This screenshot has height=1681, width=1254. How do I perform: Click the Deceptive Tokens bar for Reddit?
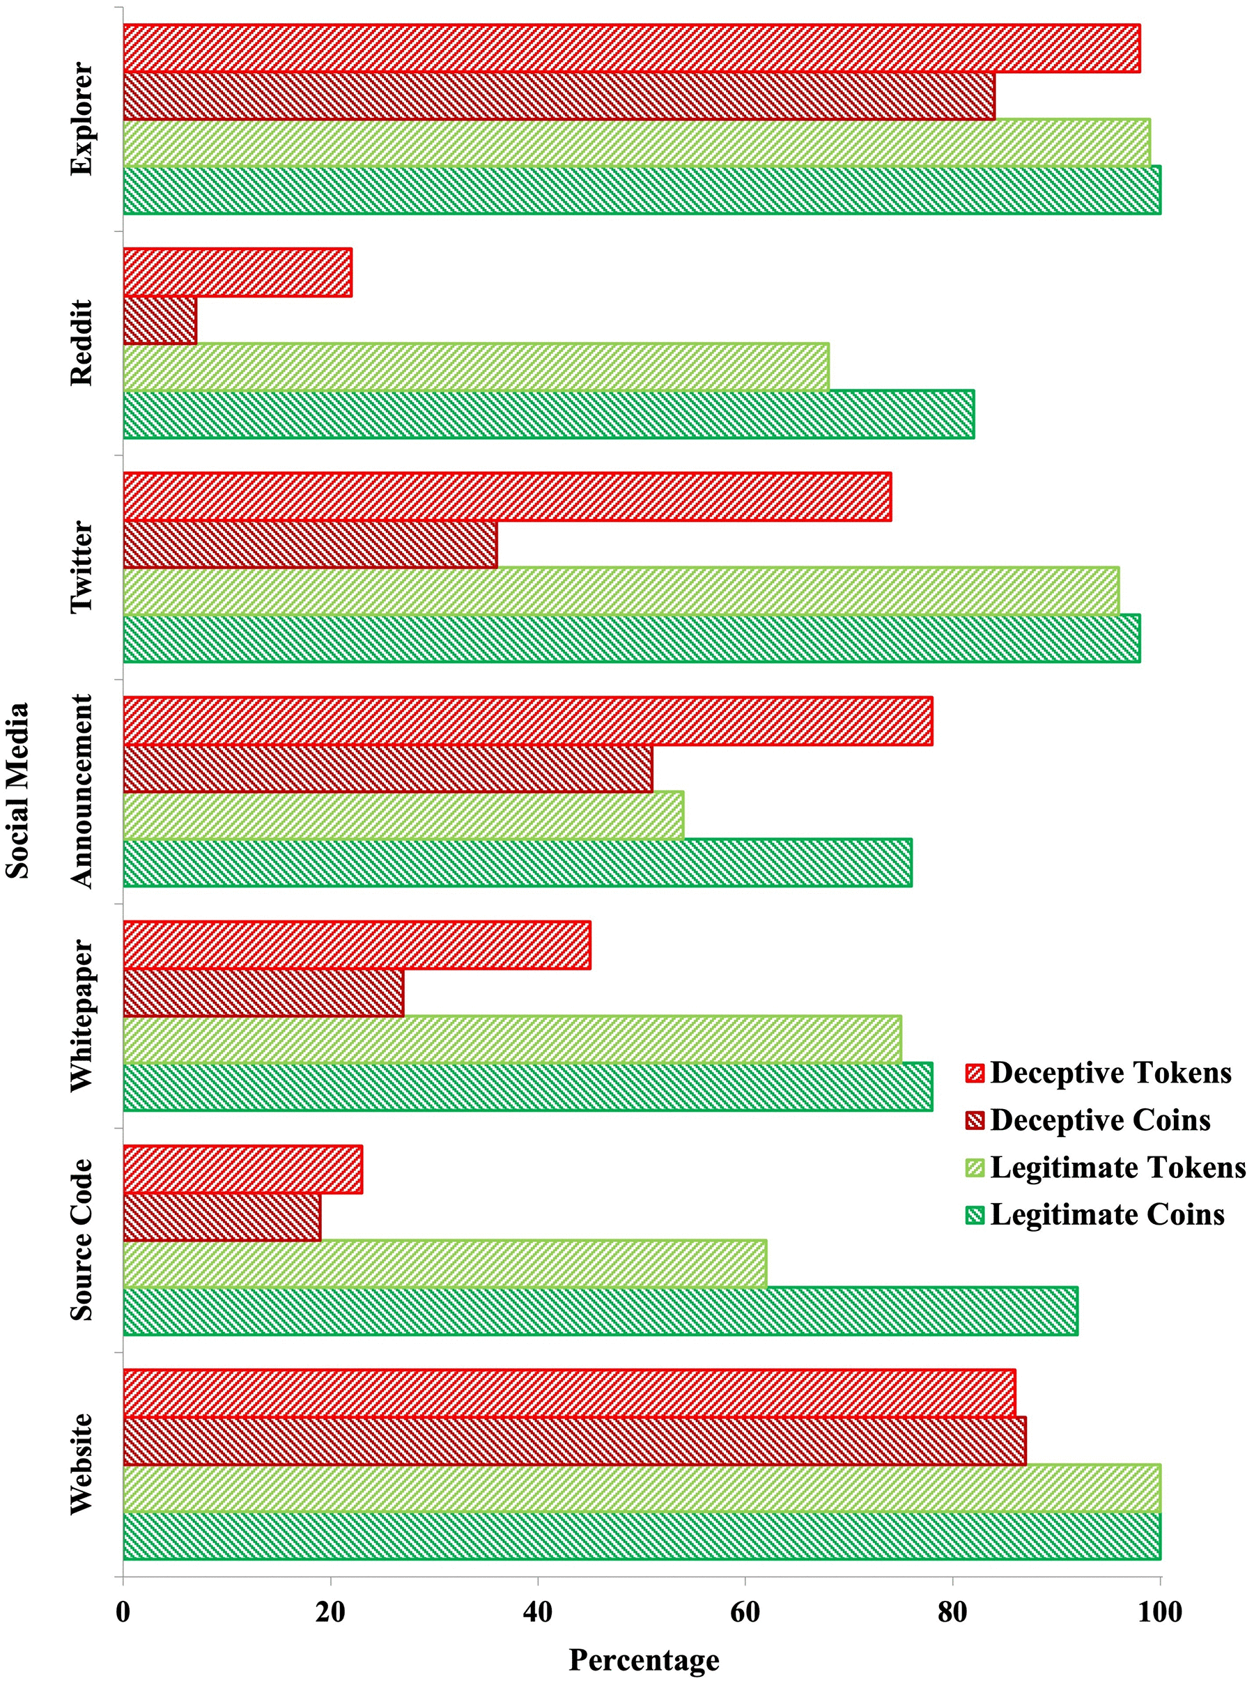(x=237, y=272)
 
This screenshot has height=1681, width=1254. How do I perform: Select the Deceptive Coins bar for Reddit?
(x=160, y=320)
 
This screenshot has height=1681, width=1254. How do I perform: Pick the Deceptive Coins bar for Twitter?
(x=310, y=544)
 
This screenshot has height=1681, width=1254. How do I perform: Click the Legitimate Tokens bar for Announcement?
(x=403, y=815)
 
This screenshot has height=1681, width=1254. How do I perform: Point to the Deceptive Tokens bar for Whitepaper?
(x=357, y=945)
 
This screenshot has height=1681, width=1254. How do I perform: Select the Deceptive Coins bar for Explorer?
(x=559, y=95)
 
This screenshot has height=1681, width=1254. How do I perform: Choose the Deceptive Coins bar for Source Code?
(x=222, y=1216)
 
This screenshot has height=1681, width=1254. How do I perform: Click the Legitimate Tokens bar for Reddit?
(x=476, y=366)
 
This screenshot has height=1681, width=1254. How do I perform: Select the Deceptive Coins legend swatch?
(x=975, y=1120)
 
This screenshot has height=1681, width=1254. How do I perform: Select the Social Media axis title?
(x=18, y=790)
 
